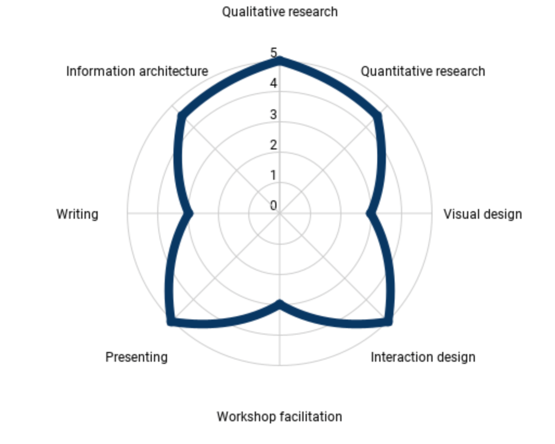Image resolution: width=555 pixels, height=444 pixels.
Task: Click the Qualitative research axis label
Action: click(x=280, y=12)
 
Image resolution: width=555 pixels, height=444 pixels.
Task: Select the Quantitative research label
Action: click(x=423, y=71)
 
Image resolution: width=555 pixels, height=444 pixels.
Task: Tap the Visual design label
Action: click(x=482, y=214)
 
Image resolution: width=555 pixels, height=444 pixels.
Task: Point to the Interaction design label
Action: click(x=423, y=357)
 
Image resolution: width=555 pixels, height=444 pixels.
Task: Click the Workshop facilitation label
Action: click(x=279, y=417)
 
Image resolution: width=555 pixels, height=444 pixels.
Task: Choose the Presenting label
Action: click(x=136, y=357)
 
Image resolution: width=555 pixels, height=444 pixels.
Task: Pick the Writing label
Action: click(x=77, y=214)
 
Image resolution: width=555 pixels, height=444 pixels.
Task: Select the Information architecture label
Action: click(x=137, y=71)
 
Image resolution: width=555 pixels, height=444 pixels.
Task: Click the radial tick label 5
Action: click(x=273, y=53)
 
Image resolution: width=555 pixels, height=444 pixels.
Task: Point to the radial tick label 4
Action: click(x=273, y=83)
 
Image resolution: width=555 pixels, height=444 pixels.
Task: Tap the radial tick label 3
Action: click(x=273, y=114)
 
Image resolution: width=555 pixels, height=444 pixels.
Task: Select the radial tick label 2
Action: click(x=273, y=145)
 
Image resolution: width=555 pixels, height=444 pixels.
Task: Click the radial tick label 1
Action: click(x=273, y=175)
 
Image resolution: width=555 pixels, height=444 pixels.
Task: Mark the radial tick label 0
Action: click(x=273, y=205)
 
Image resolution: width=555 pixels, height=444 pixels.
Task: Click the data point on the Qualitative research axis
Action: click(x=280, y=61)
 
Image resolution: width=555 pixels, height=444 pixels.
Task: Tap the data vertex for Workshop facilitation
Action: click(x=280, y=304)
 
